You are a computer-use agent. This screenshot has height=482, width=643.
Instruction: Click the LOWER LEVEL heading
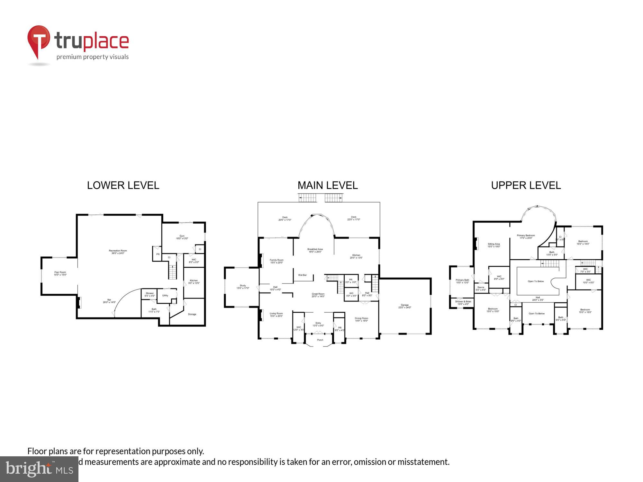click(123, 185)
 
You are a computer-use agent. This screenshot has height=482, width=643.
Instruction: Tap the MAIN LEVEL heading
click(327, 185)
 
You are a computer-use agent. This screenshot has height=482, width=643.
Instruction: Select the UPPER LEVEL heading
click(526, 185)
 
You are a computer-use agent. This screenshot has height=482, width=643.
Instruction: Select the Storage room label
click(192, 314)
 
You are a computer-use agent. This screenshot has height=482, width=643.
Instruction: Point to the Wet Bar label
click(302, 275)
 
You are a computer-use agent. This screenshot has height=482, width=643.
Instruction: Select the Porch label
click(320, 340)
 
